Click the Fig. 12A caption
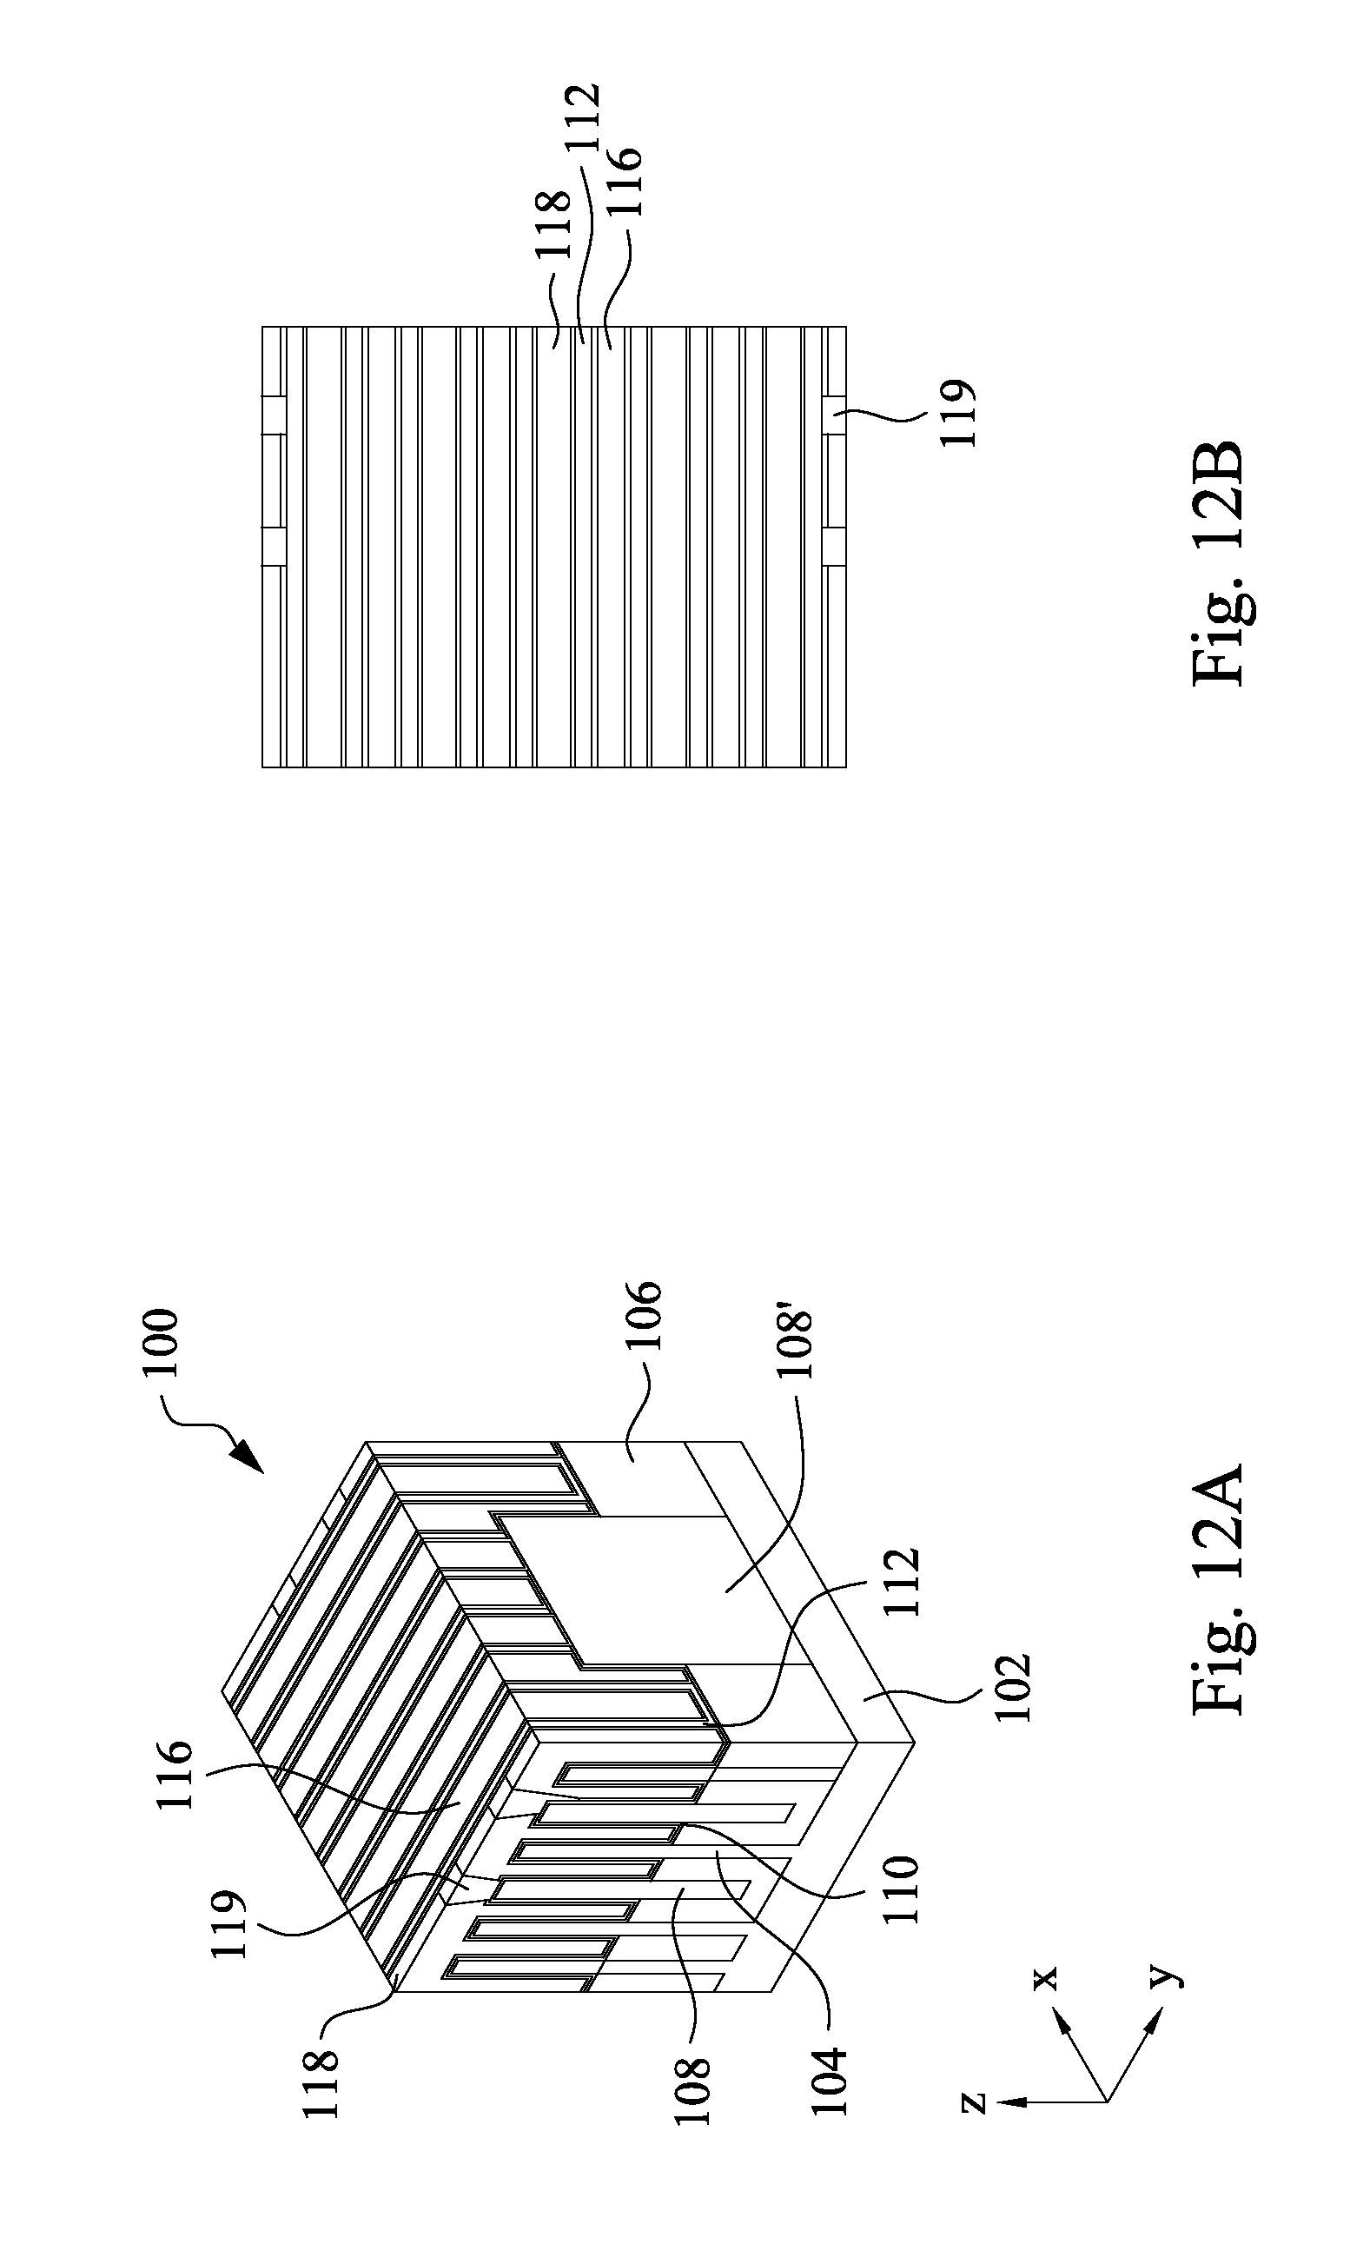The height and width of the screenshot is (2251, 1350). (1217, 1587)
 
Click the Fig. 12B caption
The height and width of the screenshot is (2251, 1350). (1217, 563)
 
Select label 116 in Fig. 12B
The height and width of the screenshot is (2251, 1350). (625, 181)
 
